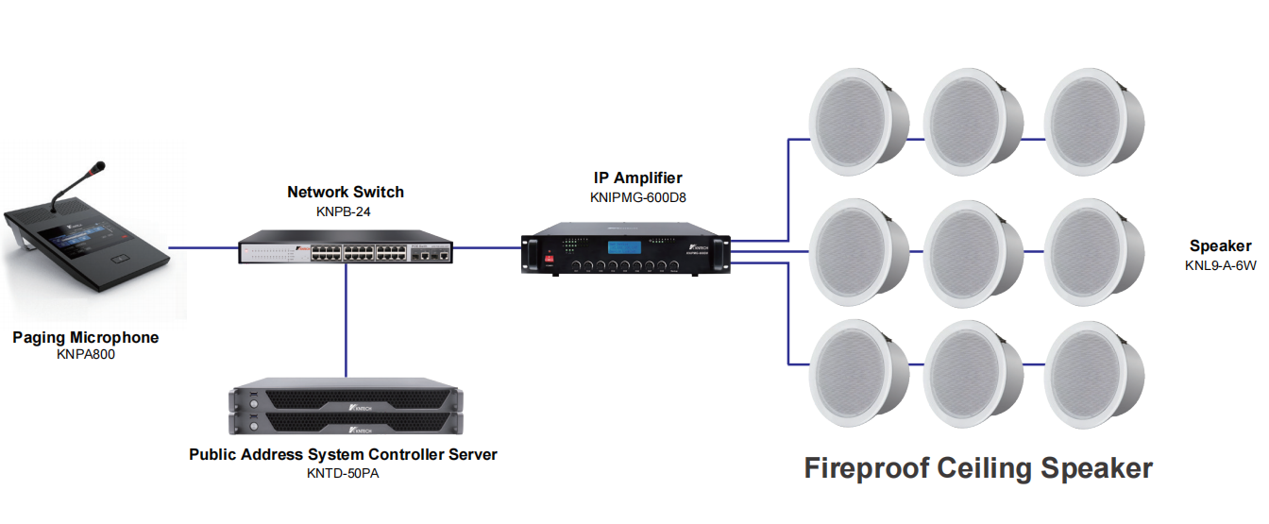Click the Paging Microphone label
[x=85, y=337]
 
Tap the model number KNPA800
[x=85, y=355]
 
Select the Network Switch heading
[x=345, y=193]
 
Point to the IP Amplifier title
[x=637, y=177]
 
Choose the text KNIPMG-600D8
[x=637, y=197]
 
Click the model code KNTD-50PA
[x=343, y=472]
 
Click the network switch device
[x=345, y=247]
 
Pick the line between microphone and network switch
[x=203, y=248]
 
